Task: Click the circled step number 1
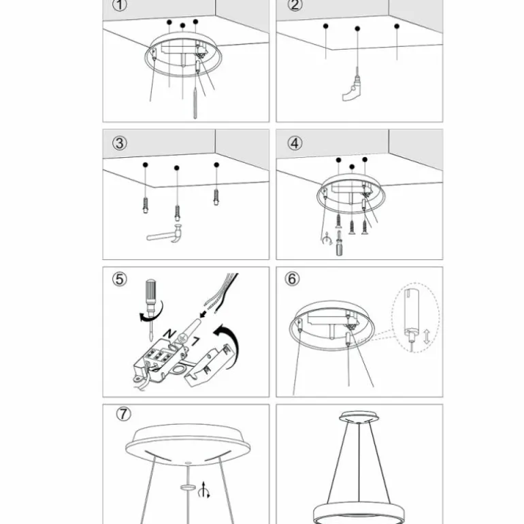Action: coord(120,6)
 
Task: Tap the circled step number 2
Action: coord(294,6)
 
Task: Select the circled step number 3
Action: coord(120,144)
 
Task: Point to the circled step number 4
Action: coord(294,144)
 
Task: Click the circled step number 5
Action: coord(120,279)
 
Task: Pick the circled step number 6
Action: coord(293,279)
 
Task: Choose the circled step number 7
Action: coord(123,414)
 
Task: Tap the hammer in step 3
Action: coord(167,235)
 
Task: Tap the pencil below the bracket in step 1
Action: coord(196,103)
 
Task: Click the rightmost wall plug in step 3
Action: coord(216,197)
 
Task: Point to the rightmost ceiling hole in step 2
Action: coord(397,27)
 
